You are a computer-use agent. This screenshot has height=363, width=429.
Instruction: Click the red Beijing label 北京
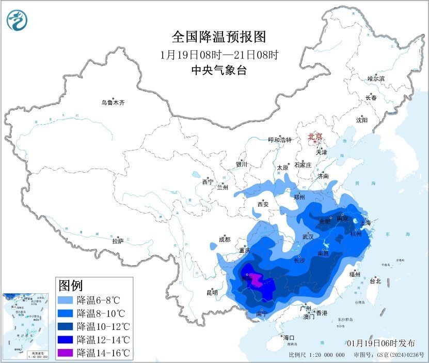315,137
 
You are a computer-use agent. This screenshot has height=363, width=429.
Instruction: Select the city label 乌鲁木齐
113,103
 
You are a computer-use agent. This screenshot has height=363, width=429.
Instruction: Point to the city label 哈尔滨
376,79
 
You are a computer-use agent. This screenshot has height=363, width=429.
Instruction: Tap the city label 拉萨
118,241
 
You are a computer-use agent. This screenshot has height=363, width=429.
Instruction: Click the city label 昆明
212,293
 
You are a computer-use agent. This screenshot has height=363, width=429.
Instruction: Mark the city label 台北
375,281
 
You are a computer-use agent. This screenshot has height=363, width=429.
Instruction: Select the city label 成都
224,239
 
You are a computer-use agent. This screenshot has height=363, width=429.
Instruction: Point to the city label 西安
263,204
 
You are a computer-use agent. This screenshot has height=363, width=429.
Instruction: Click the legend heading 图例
71,285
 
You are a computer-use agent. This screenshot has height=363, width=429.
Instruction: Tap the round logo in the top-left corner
16,20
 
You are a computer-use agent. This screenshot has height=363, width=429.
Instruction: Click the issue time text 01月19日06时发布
381,343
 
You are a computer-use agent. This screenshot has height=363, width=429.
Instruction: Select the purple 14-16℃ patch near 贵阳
256,281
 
